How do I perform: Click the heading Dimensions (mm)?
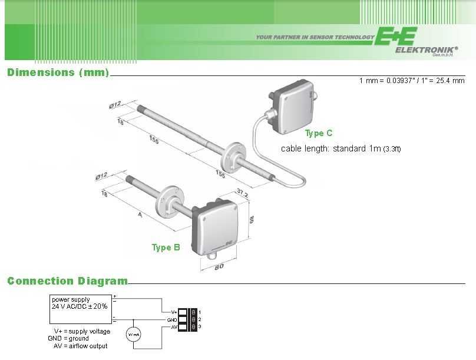pyautogui.click(x=58, y=72)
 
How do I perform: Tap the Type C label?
pyautogui.click(x=319, y=134)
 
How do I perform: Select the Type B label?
pyautogui.click(x=166, y=247)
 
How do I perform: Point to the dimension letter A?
pyautogui.click(x=140, y=216)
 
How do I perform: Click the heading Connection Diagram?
pyautogui.click(x=67, y=281)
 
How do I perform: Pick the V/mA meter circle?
pyautogui.click(x=134, y=335)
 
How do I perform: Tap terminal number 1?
pyautogui.click(x=200, y=311)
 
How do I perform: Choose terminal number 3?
pyautogui.click(x=200, y=326)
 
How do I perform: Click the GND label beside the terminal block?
pyautogui.click(x=172, y=319)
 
